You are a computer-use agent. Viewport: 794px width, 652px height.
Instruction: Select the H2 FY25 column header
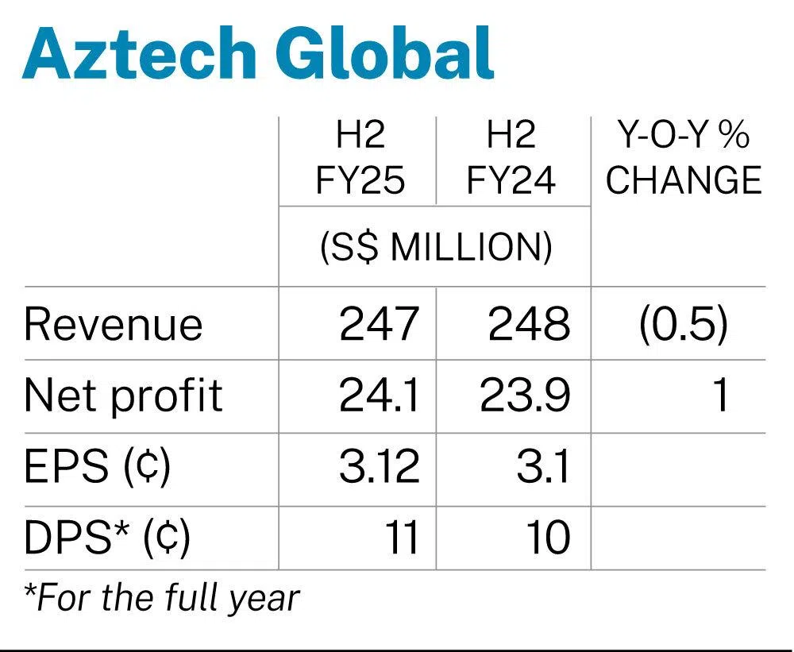coord(360,159)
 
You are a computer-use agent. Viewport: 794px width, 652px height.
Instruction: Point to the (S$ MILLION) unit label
coord(435,248)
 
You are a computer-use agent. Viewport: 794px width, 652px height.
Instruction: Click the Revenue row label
coord(114,325)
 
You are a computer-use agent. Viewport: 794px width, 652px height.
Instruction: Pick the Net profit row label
coord(124,395)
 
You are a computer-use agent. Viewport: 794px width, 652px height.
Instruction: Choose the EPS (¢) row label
coord(98,468)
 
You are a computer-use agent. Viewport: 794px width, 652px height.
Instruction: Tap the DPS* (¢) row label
coord(108,538)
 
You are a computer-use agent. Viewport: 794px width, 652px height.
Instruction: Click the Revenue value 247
coord(379,325)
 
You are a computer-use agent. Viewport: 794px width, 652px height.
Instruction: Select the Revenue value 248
coord(530,325)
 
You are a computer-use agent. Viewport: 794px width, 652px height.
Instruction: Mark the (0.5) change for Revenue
coord(683,325)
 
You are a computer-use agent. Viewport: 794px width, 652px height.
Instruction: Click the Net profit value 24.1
coord(379,395)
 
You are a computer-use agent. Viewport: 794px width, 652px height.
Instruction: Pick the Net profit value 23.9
coord(525,395)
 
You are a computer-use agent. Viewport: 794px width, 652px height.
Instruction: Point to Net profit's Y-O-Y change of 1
coord(719,395)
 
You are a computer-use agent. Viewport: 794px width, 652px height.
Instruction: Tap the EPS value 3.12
coord(379,468)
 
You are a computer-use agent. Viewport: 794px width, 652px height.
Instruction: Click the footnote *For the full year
coord(162,597)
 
